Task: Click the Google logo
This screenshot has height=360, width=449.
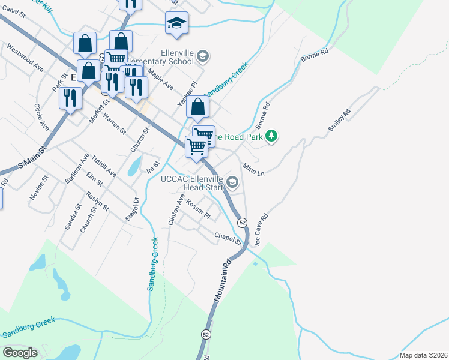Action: tap(20, 353)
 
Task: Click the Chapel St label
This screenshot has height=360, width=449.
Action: tap(229, 238)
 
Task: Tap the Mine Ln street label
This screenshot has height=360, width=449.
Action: tap(253, 169)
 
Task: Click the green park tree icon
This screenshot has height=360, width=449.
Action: tap(272, 136)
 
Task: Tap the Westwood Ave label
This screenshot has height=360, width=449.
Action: tap(25, 56)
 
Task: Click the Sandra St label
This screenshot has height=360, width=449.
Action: tap(73, 217)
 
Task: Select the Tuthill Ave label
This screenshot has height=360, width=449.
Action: tap(104, 163)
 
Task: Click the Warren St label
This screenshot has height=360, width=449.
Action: tap(114, 122)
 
